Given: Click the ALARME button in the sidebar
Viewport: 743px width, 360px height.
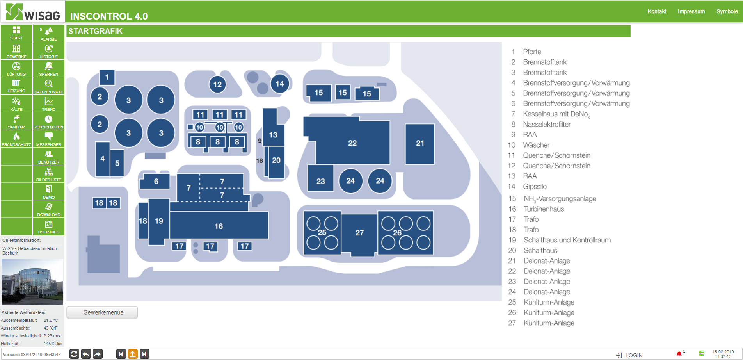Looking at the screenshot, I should click(48, 34).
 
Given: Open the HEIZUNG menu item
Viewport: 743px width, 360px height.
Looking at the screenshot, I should click(16, 86).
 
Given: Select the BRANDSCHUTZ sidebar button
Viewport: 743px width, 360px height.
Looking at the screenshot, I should click(16, 139).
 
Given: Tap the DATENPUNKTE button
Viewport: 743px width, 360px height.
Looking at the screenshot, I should click(48, 86).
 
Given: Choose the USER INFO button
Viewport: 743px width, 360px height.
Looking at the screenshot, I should click(48, 227).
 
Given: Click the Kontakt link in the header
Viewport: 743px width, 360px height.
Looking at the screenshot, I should click(657, 11).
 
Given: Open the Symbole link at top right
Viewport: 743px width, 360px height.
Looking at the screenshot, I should click(727, 11).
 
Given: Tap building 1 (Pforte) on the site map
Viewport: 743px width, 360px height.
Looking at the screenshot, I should click(107, 77).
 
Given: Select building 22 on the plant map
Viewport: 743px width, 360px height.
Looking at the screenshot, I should click(352, 143).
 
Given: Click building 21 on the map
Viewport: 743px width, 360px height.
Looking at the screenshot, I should click(420, 143).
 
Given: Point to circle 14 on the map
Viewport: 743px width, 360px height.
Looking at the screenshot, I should click(280, 84).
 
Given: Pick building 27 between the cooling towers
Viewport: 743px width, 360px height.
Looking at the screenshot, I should click(359, 233).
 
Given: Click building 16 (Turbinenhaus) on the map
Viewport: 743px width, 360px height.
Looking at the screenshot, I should click(219, 226).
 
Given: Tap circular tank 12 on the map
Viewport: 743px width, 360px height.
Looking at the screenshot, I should click(217, 84).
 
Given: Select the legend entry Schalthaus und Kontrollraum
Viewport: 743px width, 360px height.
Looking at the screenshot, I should click(567, 240).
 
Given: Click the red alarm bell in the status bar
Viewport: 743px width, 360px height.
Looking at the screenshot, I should click(679, 354).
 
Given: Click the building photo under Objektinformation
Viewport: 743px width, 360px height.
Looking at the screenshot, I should click(32, 282).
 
